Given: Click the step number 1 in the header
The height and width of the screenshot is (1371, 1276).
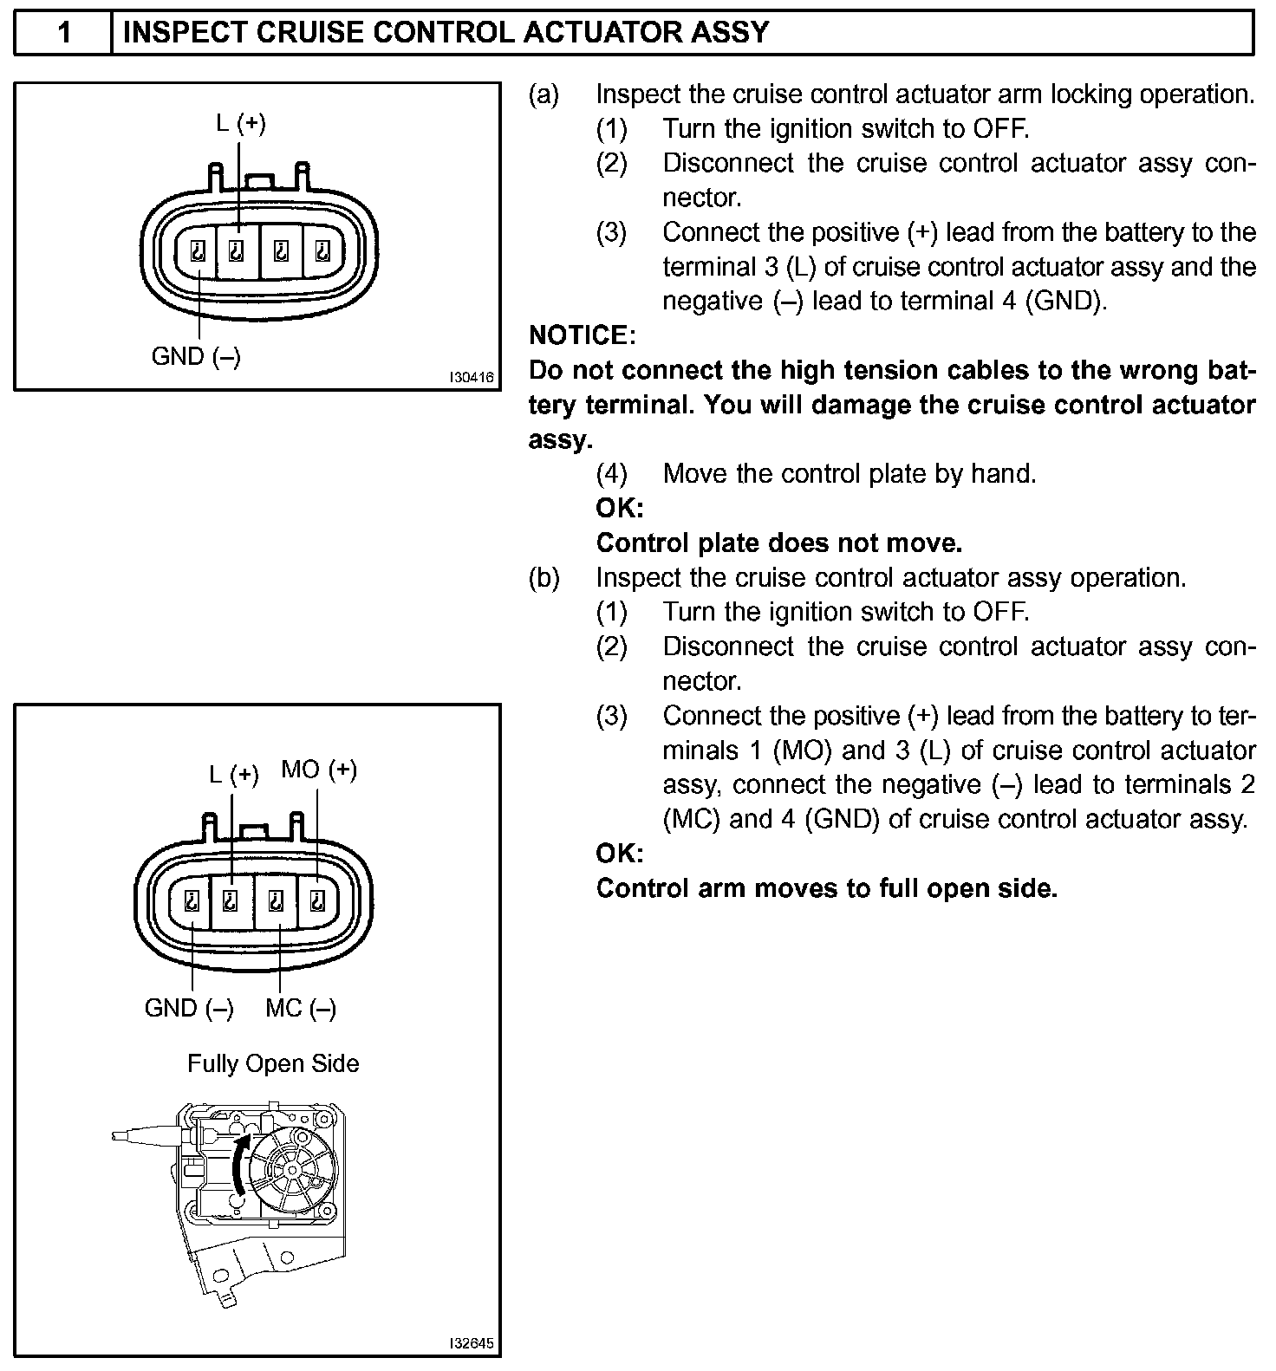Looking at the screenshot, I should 63,33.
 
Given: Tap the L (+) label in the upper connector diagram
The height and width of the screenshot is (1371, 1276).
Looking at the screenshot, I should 240,123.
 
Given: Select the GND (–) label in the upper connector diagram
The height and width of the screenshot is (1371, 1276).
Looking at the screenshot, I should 196,356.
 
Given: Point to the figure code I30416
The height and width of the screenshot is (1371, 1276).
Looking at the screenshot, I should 471,378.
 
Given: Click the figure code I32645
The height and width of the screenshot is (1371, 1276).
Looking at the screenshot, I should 471,1344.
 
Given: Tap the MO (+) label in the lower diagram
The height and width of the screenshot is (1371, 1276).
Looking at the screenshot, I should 319,770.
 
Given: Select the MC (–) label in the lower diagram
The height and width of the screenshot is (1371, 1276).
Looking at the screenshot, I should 301,1008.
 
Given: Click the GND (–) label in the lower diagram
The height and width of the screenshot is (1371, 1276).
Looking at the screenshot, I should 189,1008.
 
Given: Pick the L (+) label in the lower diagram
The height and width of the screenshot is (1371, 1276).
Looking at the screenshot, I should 234,774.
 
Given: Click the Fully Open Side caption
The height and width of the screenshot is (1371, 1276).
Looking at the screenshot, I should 273,1063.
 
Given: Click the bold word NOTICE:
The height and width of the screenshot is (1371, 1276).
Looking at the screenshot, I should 583,335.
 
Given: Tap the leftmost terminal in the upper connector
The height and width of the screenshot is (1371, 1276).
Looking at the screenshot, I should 198,252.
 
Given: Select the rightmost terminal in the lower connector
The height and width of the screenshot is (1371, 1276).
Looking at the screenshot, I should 318,901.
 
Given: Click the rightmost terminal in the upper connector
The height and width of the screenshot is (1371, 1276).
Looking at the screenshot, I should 323,252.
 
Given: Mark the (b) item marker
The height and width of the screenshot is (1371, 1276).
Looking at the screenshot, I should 544,578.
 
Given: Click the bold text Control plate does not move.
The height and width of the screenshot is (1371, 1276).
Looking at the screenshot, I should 779,543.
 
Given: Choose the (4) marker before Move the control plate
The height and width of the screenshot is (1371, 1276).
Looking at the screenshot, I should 611,474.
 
